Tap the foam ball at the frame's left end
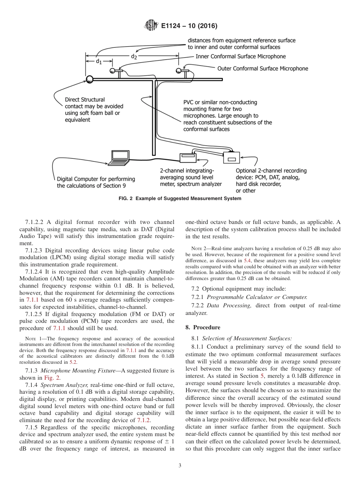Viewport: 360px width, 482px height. pyautogui.click(x=89, y=79)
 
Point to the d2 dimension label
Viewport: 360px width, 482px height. pyautogui.click(x=134, y=56)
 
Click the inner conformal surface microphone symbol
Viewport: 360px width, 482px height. pyautogui.click(x=113, y=70)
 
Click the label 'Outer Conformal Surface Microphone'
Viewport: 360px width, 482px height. pyautogui.click(x=262, y=69)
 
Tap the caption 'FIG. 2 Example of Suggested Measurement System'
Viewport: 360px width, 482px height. pyautogui.click(x=180, y=199)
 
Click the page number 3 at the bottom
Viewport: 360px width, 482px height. pyautogui.click(x=180, y=466)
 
